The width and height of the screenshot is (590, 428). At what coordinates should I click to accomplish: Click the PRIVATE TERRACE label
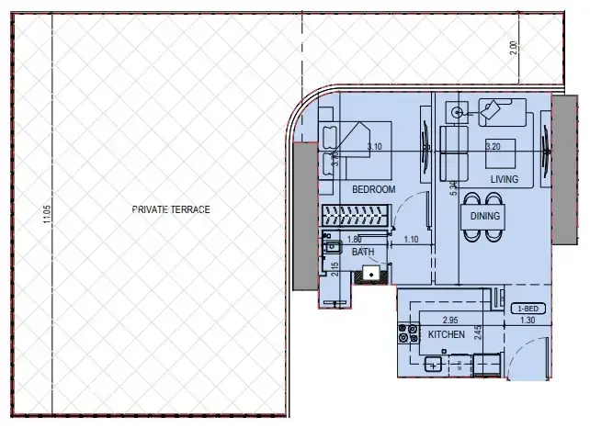171,209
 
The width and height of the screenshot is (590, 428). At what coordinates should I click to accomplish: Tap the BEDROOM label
373,189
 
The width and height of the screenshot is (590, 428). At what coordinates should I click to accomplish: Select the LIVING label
505,179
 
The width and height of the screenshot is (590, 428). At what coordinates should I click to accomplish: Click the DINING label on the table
485,217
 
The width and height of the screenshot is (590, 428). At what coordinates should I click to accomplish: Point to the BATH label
363,251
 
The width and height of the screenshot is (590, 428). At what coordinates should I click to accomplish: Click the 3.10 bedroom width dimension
374,147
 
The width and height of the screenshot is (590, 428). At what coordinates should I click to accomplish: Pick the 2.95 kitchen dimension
450,321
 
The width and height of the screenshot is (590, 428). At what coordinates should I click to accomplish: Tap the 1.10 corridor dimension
413,240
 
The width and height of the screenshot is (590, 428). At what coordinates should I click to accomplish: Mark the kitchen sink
432,365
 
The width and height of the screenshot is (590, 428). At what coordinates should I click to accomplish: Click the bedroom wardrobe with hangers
357,218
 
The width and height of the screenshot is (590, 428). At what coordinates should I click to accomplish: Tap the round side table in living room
457,113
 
